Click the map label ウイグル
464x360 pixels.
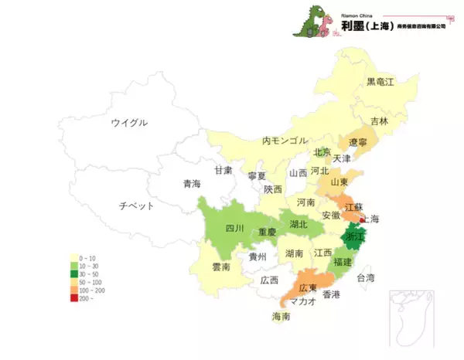coord(128,123)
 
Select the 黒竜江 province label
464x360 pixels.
coord(380,81)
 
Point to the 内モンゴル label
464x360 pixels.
coord(284,141)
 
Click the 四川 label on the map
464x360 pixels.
coord(234,229)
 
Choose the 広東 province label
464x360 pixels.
coord(311,287)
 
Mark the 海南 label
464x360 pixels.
coord(281,317)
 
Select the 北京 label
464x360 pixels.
coord(322,152)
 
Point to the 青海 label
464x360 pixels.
coord(192,184)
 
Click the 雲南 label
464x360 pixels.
coord(220,267)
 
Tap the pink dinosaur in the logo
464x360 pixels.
coord(326,25)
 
